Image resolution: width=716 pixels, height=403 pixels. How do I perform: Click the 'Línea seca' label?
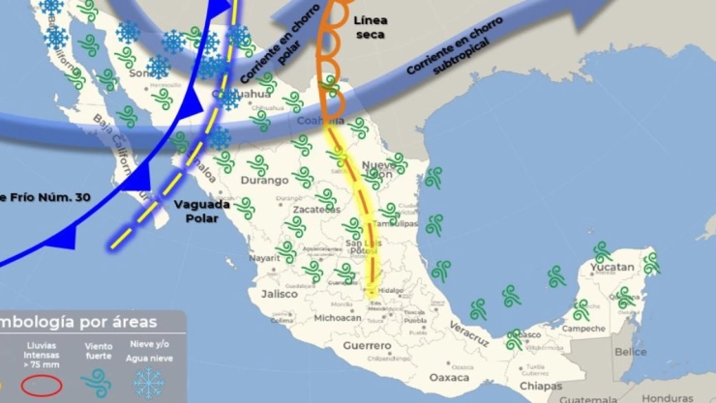click(370, 27)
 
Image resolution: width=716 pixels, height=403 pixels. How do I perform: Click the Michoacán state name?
click(338, 317)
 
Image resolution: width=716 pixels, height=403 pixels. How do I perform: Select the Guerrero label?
click(367, 345)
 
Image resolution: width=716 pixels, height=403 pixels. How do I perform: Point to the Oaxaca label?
click(449, 377)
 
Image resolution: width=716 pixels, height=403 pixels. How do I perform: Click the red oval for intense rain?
click(42, 385)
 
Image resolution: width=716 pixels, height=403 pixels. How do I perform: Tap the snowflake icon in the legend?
click(149, 384)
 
